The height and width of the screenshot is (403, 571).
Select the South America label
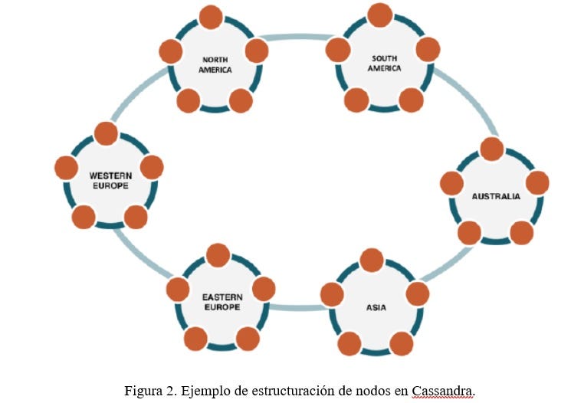384,64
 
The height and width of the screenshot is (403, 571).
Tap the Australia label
495,197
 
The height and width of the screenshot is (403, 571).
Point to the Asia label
376,308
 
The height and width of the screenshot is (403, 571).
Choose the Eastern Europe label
221,301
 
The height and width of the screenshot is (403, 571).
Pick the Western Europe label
110,180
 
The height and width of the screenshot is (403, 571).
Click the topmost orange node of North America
211,17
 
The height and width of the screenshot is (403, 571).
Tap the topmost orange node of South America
380,15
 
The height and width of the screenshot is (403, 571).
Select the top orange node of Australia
491,149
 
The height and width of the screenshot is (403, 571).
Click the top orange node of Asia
372,260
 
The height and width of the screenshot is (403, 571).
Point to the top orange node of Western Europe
106,133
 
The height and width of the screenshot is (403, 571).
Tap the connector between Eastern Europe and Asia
297,307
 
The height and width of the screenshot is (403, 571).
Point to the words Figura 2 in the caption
147,390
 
